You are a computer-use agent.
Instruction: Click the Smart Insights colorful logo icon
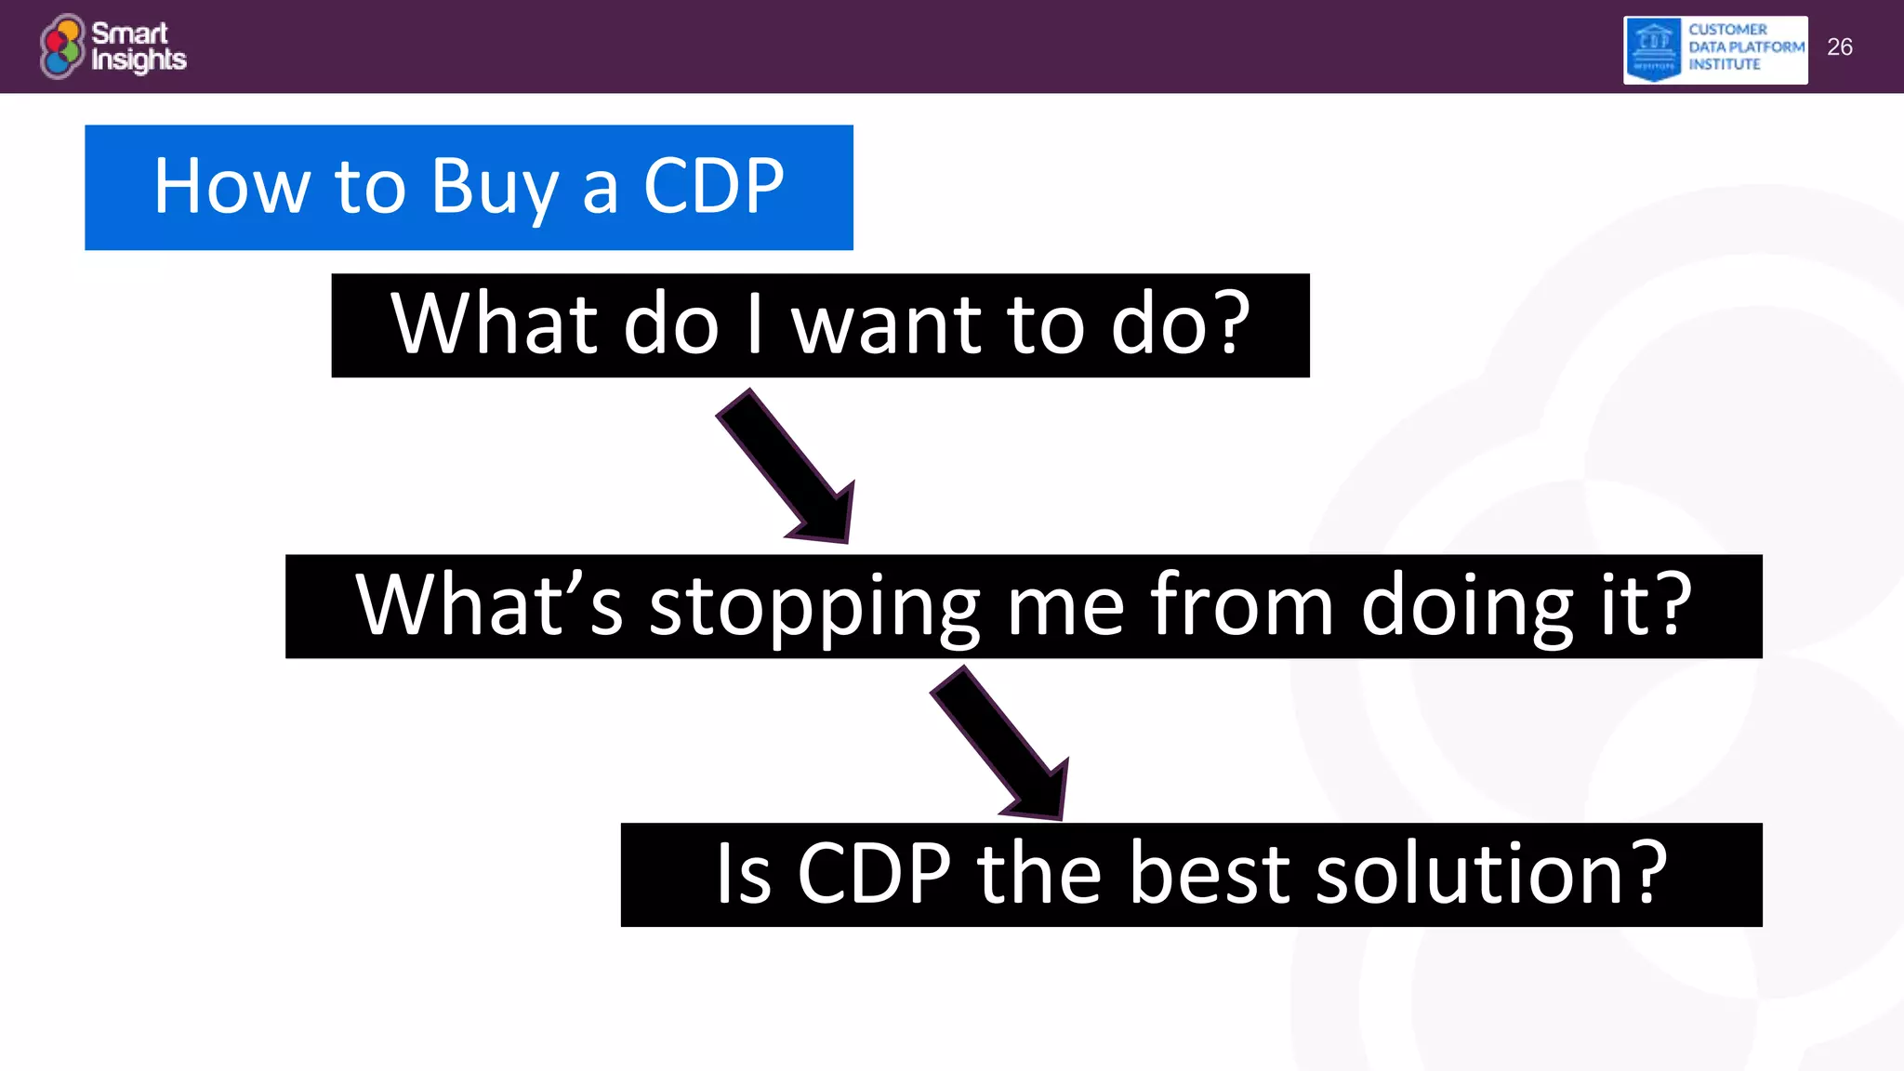[x=62, y=46]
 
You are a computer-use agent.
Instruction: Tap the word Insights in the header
[x=139, y=60]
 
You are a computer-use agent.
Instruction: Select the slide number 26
[x=1839, y=47]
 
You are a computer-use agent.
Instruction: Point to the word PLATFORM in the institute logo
[x=1766, y=46]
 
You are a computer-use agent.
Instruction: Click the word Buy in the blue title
[x=495, y=188]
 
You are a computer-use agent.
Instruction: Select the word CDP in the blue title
[x=713, y=186]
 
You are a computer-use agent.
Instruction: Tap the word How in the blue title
[x=231, y=186]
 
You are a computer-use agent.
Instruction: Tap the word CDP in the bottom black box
[x=874, y=874]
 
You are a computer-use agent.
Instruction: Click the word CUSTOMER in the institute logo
[x=1727, y=30]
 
